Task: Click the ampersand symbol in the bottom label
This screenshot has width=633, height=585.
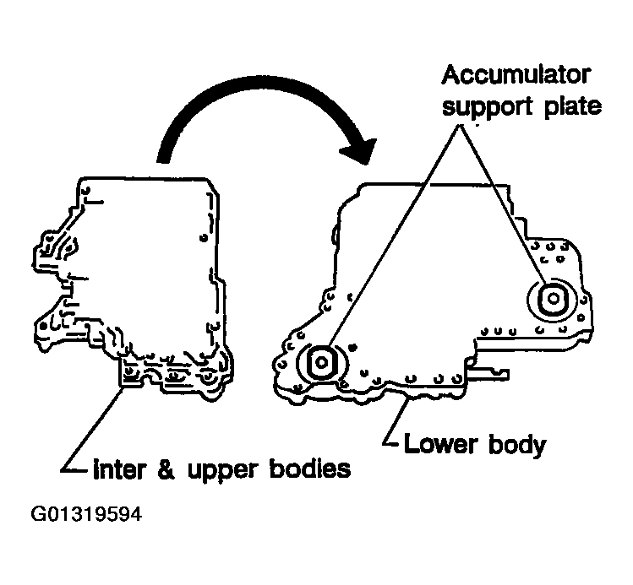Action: (162, 469)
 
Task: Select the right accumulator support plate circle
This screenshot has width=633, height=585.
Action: (552, 299)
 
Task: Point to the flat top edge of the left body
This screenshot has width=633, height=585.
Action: (144, 178)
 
